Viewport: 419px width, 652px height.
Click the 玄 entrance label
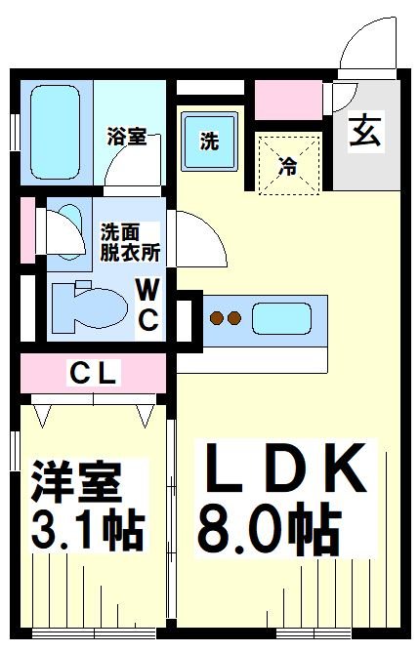(x=365, y=132)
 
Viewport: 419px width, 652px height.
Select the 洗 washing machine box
(x=209, y=141)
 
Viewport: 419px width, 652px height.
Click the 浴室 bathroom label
(x=127, y=138)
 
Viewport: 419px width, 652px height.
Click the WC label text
(x=147, y=305)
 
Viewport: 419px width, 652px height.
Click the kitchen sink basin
(x=281, y=318)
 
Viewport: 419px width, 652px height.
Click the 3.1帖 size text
(x=88, y=531)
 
